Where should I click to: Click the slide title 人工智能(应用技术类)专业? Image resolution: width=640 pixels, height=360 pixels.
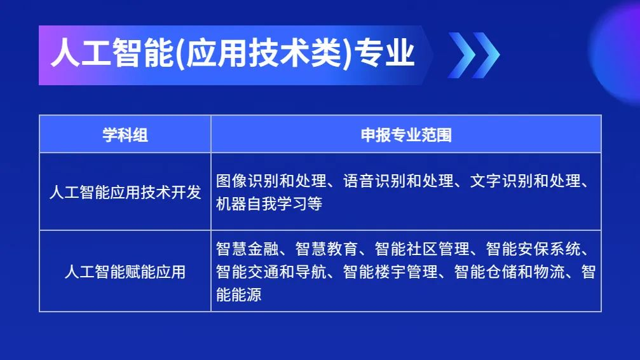[233, 53]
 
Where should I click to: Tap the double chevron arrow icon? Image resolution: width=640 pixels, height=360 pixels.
[473, 55]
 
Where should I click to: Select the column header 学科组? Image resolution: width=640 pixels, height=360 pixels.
[125, 135]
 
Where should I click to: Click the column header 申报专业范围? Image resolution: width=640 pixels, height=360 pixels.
[406, 135]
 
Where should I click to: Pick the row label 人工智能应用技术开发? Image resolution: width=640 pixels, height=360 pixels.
[125, 192]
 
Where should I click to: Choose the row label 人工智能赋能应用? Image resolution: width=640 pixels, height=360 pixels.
[125, 272]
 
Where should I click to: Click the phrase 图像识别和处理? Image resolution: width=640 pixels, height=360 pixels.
[271, 181]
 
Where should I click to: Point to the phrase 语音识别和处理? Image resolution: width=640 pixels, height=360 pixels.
[398, 181]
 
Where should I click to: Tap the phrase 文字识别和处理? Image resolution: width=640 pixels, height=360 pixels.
[526, 181]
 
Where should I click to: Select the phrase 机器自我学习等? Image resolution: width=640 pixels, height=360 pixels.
[269, 204]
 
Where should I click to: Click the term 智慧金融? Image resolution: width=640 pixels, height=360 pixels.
[247, 249]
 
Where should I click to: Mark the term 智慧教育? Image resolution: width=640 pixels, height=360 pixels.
[327, 249]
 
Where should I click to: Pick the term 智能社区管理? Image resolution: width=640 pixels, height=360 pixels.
[422, 249]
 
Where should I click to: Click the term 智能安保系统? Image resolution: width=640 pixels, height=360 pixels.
[533, 249]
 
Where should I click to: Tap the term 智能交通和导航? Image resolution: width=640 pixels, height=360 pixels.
[271, 272]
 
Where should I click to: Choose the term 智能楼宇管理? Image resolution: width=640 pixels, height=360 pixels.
[390, 272]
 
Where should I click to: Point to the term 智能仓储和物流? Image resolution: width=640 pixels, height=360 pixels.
[509, 272]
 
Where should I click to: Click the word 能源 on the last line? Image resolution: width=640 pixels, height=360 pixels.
[247, 294]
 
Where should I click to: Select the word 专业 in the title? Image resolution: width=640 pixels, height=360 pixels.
[385, 53]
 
